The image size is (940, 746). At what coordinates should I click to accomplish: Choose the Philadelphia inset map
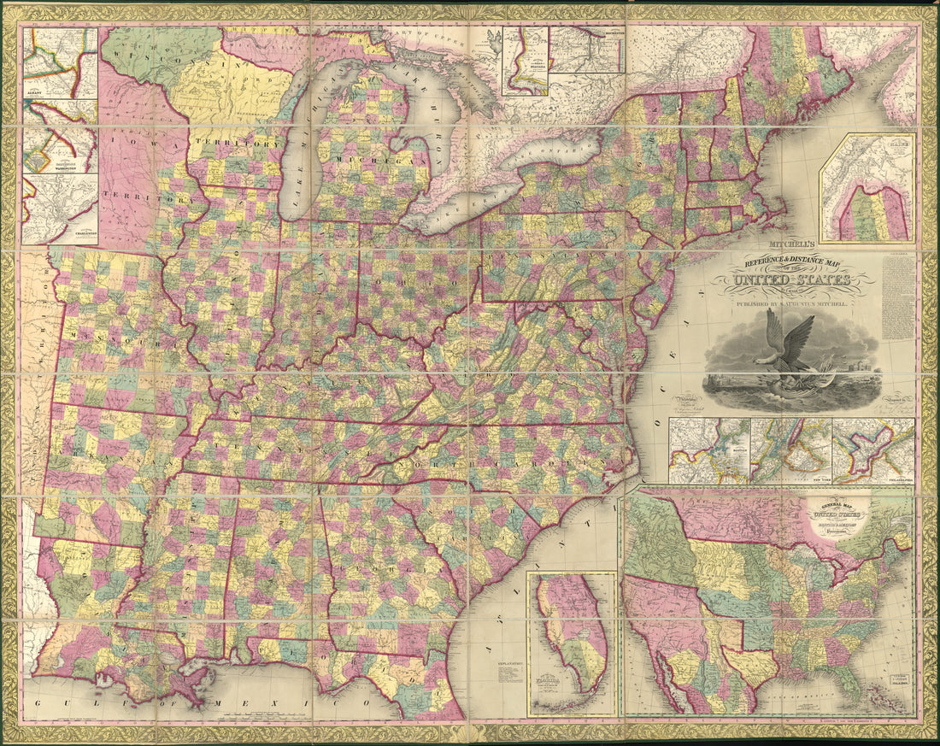point(872,450)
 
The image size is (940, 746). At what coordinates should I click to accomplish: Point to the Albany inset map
point(60,62)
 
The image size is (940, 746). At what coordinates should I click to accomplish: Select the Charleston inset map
point(60,209)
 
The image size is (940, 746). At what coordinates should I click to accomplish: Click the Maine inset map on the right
point(867,188)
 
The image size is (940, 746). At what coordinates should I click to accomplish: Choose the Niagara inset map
point(525,60)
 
